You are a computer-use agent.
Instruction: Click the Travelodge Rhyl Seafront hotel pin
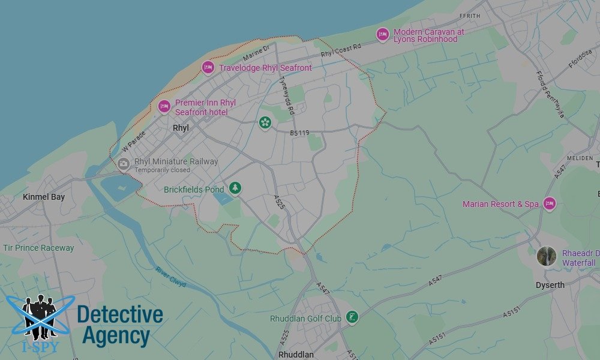tap(208, 68)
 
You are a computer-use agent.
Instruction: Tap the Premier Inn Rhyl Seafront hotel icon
tap(164, 107)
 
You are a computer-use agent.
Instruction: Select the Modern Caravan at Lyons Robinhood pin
tap(383, 35)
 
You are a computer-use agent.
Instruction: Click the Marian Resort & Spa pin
tap(549, 204)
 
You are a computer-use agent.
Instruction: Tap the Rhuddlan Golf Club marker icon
tap(352, 317)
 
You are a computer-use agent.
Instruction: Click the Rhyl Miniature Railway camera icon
tap(124, 164)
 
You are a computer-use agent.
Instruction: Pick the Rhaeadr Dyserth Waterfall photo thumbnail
tap(546, 257)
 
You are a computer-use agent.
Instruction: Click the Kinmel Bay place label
tap(43, 197)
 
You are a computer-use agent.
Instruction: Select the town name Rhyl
tap(181, 128)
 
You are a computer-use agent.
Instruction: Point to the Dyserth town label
tap(550, 285)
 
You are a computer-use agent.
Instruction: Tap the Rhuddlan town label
tap(296, 355)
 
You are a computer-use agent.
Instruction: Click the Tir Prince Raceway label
tap(38, 248)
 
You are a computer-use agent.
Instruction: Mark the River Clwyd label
tap(170, 277)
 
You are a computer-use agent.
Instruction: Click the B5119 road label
tap(300, 133)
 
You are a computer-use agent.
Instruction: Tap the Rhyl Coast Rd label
tap(341, 51)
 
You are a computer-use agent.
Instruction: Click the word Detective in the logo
tap(120, 314)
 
